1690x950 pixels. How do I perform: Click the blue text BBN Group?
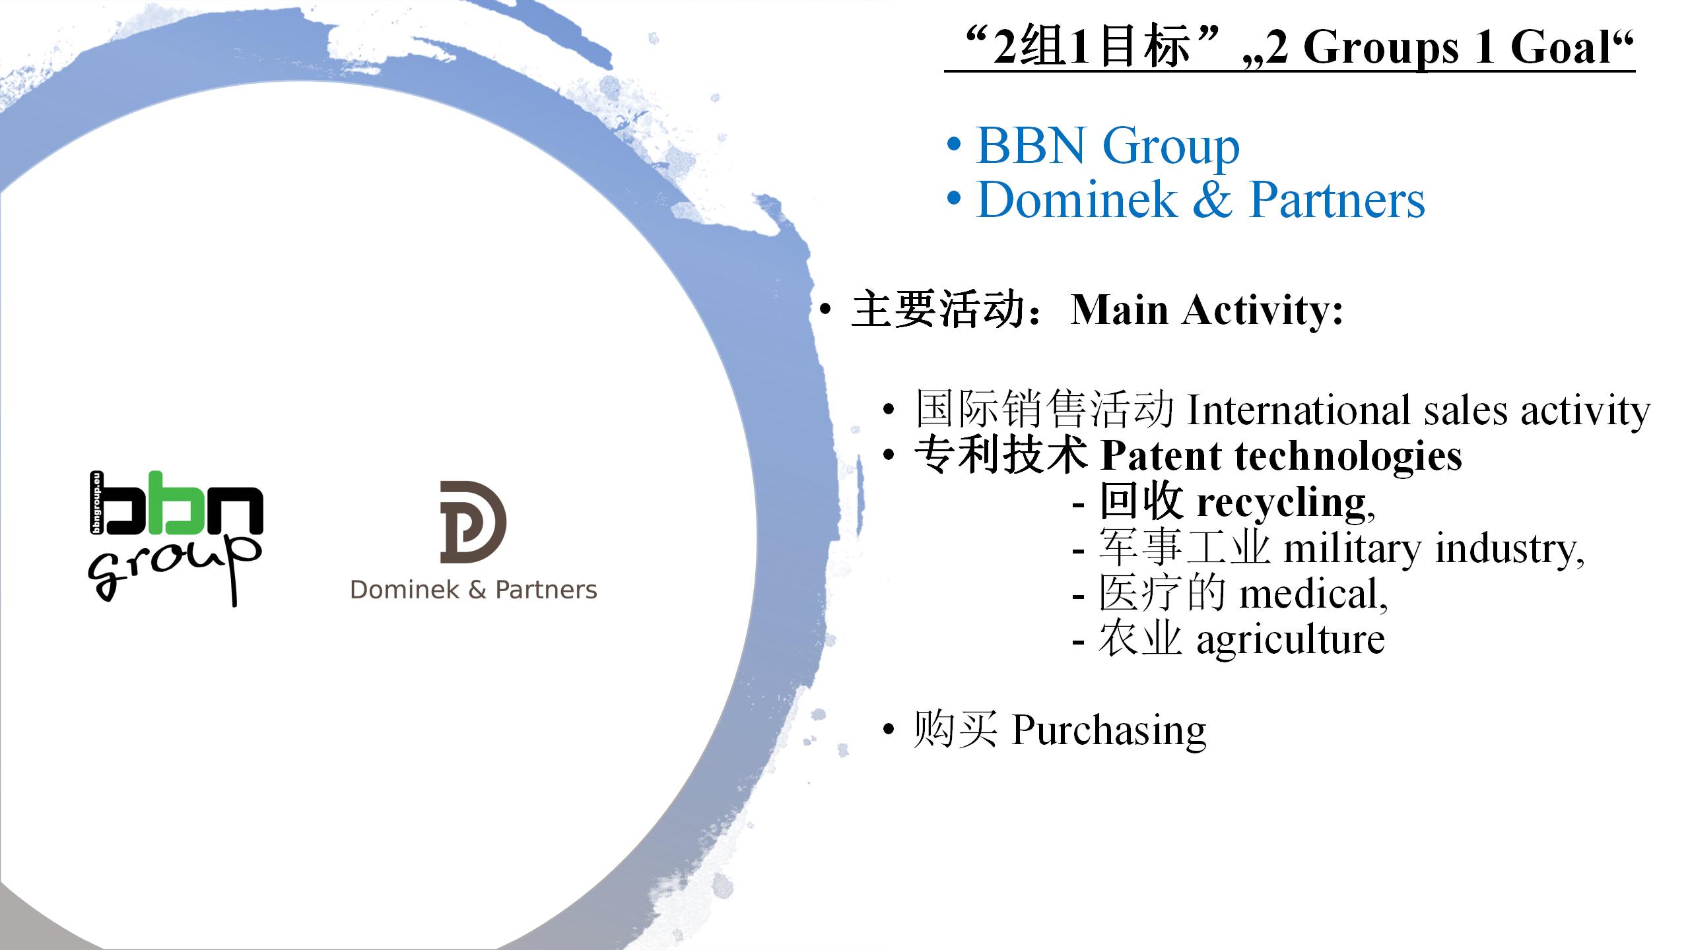coord(1108,146)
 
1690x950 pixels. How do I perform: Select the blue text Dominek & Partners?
coord(1200,200)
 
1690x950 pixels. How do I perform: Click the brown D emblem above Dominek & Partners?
coord(473,522)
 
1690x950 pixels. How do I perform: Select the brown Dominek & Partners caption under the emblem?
coord(473,590)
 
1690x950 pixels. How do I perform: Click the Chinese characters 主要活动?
coord(938,309)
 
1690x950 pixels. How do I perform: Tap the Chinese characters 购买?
coord(955,730)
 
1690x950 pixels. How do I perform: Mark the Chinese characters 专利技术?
coord(1001,456)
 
